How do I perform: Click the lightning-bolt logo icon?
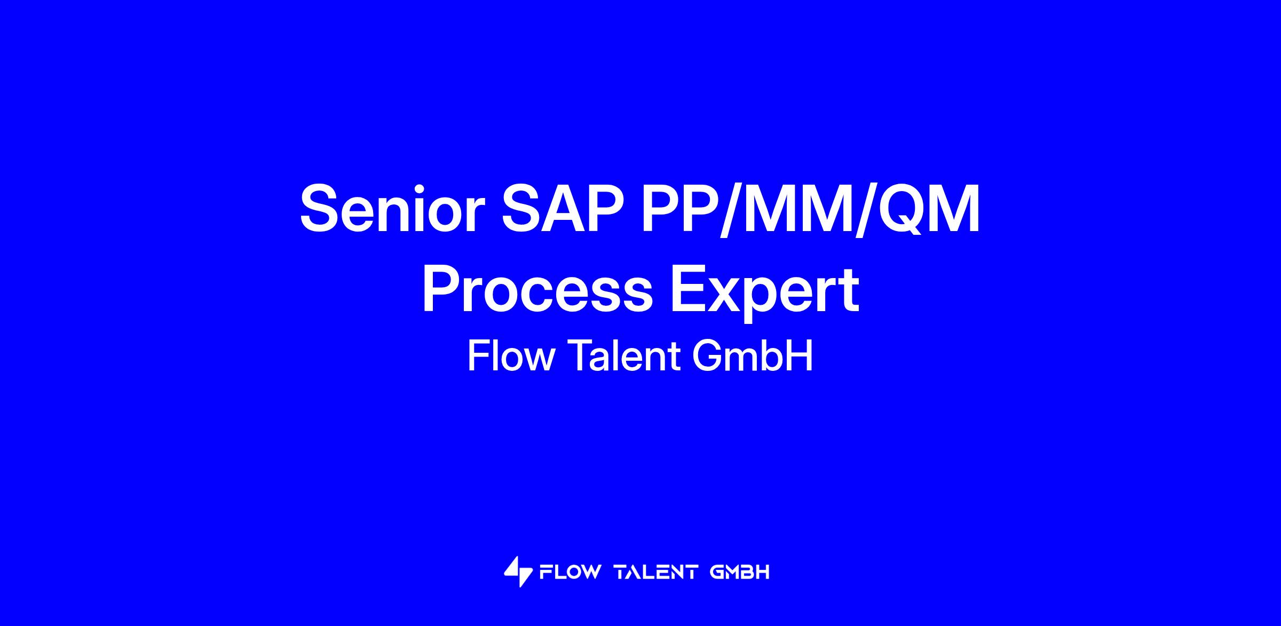518,572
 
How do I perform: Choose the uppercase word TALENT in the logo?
656,573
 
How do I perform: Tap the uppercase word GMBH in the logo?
740,573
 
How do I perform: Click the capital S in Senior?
322,209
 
